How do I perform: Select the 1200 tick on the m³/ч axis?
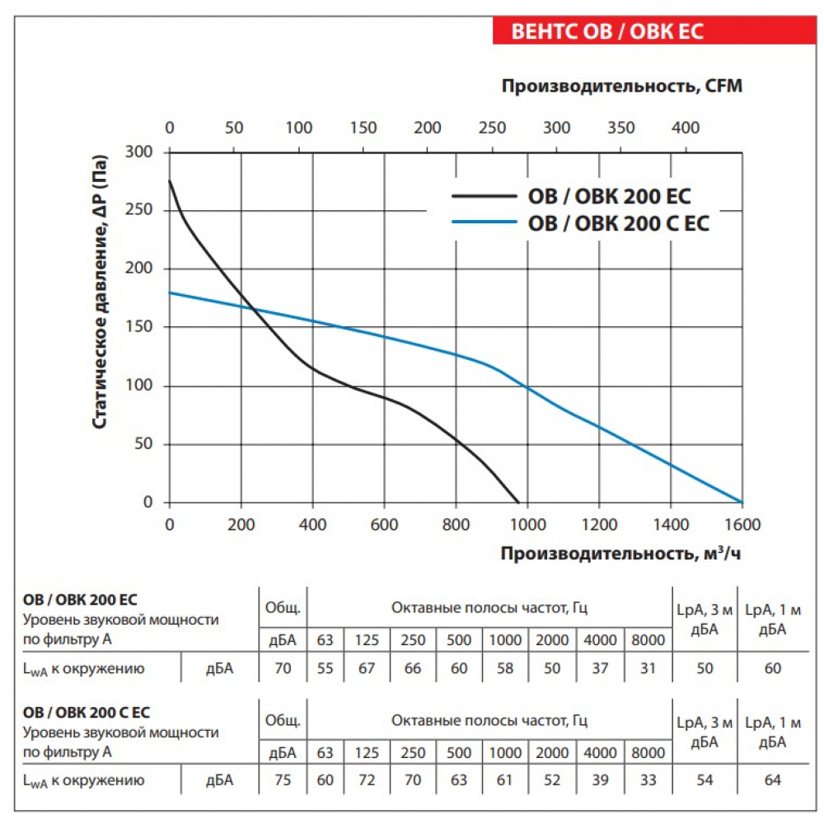599,523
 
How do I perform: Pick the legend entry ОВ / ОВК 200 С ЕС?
618,222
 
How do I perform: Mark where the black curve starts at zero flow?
170,180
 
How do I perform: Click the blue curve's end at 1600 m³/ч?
742,502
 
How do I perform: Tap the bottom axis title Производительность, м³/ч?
620,554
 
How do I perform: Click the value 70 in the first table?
283,668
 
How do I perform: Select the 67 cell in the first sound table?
366,668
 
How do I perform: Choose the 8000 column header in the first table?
648,639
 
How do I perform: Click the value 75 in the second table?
283,780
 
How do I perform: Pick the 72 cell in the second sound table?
366,780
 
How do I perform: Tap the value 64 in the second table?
772,780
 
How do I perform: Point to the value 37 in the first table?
600,668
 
